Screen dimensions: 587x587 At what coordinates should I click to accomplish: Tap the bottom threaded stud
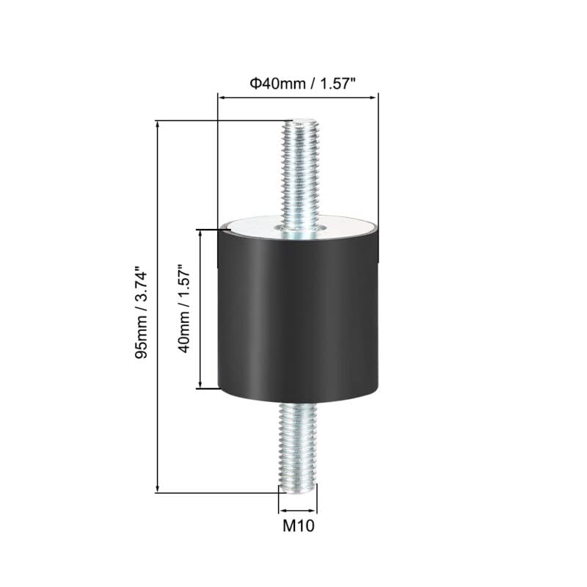[298, 448]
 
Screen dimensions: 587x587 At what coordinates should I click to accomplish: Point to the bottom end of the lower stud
[298, 489]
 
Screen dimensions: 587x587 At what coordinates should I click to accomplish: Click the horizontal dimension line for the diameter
[297, 96]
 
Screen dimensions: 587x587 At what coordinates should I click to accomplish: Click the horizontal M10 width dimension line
[298, 511]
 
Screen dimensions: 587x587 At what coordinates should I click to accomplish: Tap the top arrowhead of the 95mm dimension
[158, 125]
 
